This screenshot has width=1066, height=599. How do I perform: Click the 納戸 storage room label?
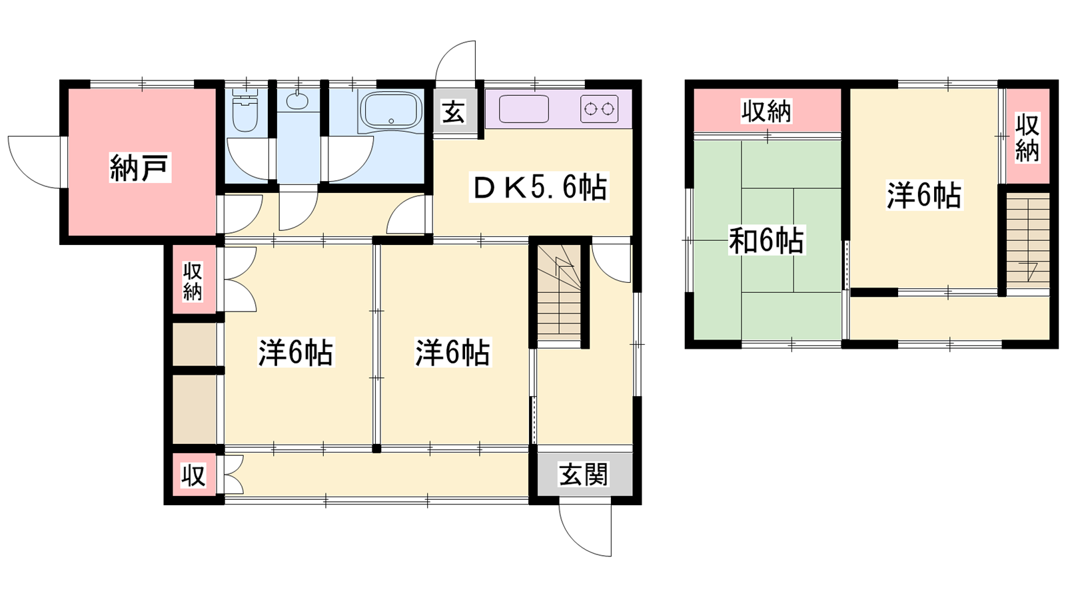[x=140, y=167]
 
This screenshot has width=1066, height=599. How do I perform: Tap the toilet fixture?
[x=245, y=110]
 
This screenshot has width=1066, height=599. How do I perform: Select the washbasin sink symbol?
[x=297, y=100]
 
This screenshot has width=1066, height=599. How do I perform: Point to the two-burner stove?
[x=599, y=109]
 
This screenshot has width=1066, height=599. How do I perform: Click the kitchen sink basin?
[x=524, y=109]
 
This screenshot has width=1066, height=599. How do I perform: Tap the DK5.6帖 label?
[x=539, y=188]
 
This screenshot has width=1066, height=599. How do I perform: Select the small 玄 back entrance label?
[x=453, y=112]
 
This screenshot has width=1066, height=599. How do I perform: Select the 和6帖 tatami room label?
[x=766, y=240]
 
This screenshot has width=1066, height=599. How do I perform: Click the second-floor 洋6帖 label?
[x=923, y=195]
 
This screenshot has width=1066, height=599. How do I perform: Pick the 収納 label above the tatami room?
[x=766, y=111]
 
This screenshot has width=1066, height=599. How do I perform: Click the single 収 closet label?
[x=193, y=475]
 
